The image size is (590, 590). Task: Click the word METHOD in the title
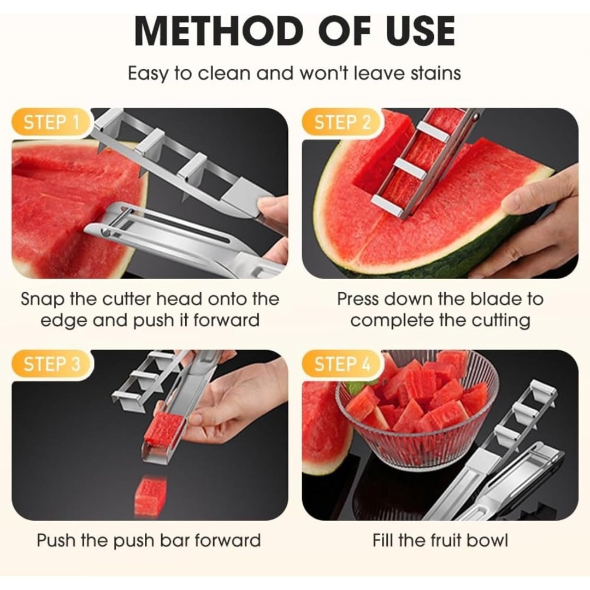coord(219,31)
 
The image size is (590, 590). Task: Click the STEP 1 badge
coord(51,123)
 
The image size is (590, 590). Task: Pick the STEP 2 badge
coord(341,123)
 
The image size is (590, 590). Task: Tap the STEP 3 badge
coord(51,364)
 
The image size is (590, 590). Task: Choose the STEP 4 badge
coord(341,364)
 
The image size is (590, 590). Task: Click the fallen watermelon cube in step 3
coord(149,495)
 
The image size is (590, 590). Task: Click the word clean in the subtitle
coord(225,73)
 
